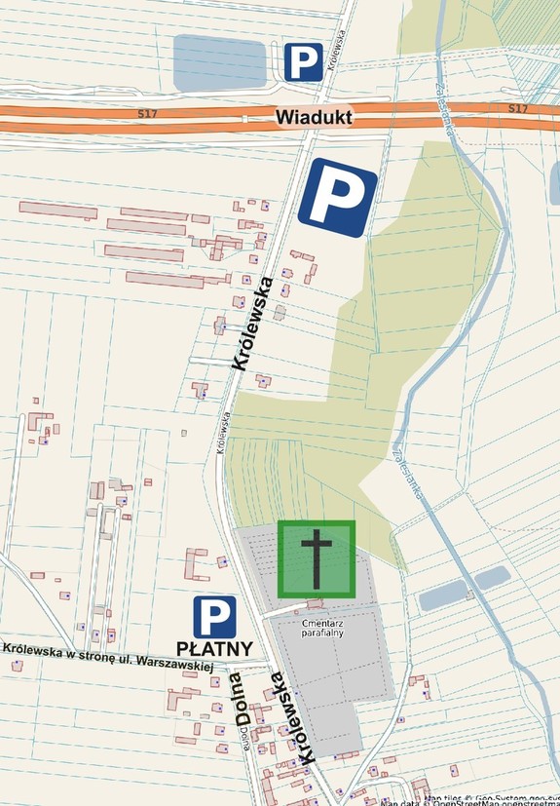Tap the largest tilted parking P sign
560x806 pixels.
[x=337, y=198]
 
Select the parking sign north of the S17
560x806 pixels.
[x=303, y=62]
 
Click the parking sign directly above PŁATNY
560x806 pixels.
[x=214, y=617]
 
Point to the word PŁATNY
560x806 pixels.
[x=214, y=648]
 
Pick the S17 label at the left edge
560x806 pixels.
[x=147, y=114]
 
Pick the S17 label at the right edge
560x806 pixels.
[x=517, y=107]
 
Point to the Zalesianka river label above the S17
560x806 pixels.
[x=449, y=82]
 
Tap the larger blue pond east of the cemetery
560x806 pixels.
[x=442, y=595]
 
